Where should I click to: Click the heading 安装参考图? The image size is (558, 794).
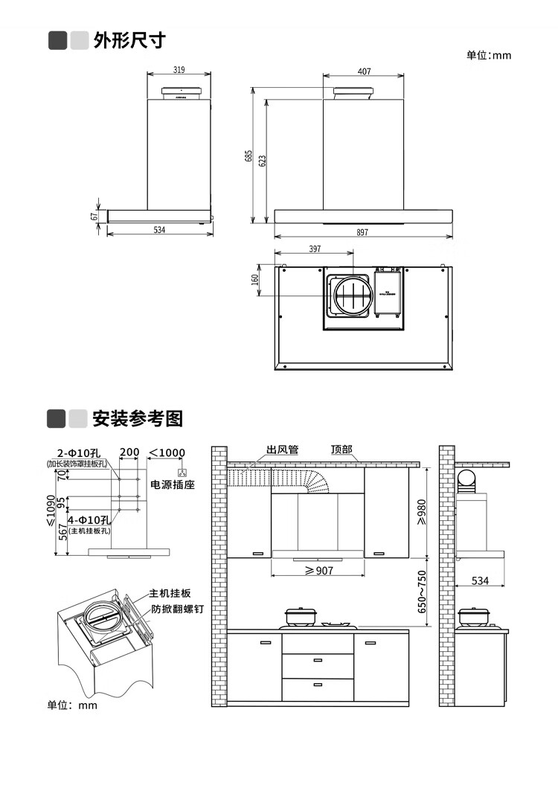tap(137, 418)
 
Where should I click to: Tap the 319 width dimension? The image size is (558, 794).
tap(179, 70)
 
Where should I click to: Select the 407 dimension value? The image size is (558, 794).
tap(364, 71)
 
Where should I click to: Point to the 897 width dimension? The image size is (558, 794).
tap(362, 233)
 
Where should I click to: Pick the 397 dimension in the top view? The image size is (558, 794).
tap(315, 249)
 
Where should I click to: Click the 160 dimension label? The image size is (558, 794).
tap(255, 279)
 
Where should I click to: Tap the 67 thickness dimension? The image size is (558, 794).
tap(94, 215)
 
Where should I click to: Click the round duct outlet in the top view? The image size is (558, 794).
tap(349, 294)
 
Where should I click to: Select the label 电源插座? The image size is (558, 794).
tap(173, 484)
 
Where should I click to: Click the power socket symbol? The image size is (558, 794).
tap(181, 473)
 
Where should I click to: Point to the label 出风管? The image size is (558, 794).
tap(282, 450)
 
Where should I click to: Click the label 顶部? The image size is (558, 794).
tap(341, 450)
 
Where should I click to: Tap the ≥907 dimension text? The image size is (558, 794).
tap(319, 571)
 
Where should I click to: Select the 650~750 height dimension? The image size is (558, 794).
tap(422, 592)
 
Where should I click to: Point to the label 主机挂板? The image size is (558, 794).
tap(170, 593)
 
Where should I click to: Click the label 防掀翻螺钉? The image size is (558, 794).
tap(178, 608)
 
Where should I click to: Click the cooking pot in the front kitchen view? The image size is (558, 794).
tap(302, 616)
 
